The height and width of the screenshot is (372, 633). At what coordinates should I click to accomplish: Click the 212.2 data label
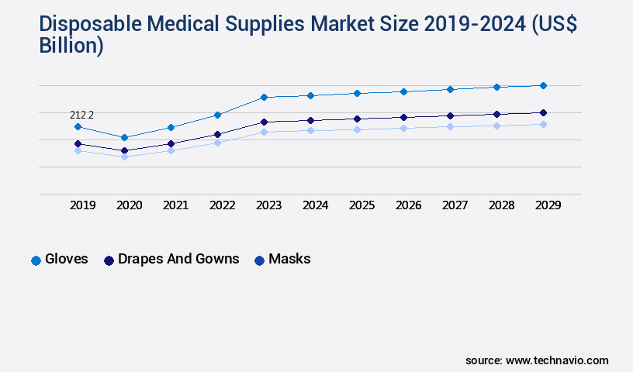tap(81, 115)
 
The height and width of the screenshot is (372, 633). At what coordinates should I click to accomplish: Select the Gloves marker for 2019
tap(78, 126)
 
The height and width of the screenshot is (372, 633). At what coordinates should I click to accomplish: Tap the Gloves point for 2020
tap(124, 137)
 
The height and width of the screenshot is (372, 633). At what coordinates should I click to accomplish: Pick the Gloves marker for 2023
tap(264, 97)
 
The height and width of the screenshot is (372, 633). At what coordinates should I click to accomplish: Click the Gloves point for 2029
tap(543, 85)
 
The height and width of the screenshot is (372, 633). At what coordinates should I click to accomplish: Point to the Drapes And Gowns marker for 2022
tap(217, 134)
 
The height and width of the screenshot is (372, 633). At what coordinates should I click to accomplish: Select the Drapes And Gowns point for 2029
tap(543, 112)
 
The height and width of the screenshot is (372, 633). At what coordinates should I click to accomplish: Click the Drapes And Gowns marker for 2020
tap(124, 150)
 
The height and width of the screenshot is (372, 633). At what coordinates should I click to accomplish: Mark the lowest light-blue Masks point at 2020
tap(124, 157)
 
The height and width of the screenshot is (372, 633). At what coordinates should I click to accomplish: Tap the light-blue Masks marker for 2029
tap(543, 124)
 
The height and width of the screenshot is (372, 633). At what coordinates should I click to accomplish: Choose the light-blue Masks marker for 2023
tap(264, 132)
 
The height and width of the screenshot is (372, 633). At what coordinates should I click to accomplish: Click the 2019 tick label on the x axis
tap(82, 205)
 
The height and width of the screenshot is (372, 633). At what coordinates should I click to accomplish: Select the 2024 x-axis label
tap(315, 205)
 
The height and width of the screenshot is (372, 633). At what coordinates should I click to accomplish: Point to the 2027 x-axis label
tap(455, 205)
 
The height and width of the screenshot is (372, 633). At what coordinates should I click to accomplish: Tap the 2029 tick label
tap(548, 205)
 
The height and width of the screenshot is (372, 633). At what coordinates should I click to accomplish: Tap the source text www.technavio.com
tap(557, 360)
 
